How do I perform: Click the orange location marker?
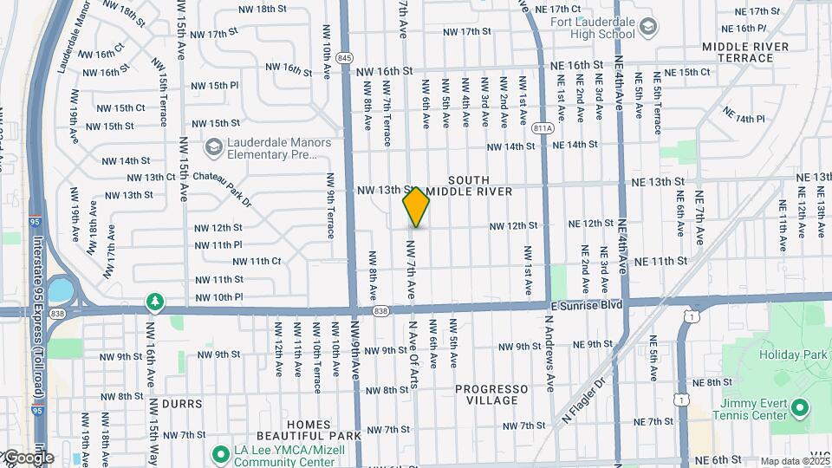click(x=416, y=207)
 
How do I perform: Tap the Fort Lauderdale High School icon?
click(x=647, y=29)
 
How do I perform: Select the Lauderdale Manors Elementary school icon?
click(x=213, y=148)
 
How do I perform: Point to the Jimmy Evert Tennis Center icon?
click(x=800, y=406)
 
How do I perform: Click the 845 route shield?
click(x=345, y=57)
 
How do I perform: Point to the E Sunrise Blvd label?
click(x=587, y=306)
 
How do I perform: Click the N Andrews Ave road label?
click(x=549, y=351)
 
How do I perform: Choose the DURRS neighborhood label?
click(x=182, y=404)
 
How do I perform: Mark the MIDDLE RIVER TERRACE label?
click(x=745, y=52)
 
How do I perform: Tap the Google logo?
click(x=29, y=458)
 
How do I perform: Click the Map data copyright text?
click(x=794, y=461)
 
